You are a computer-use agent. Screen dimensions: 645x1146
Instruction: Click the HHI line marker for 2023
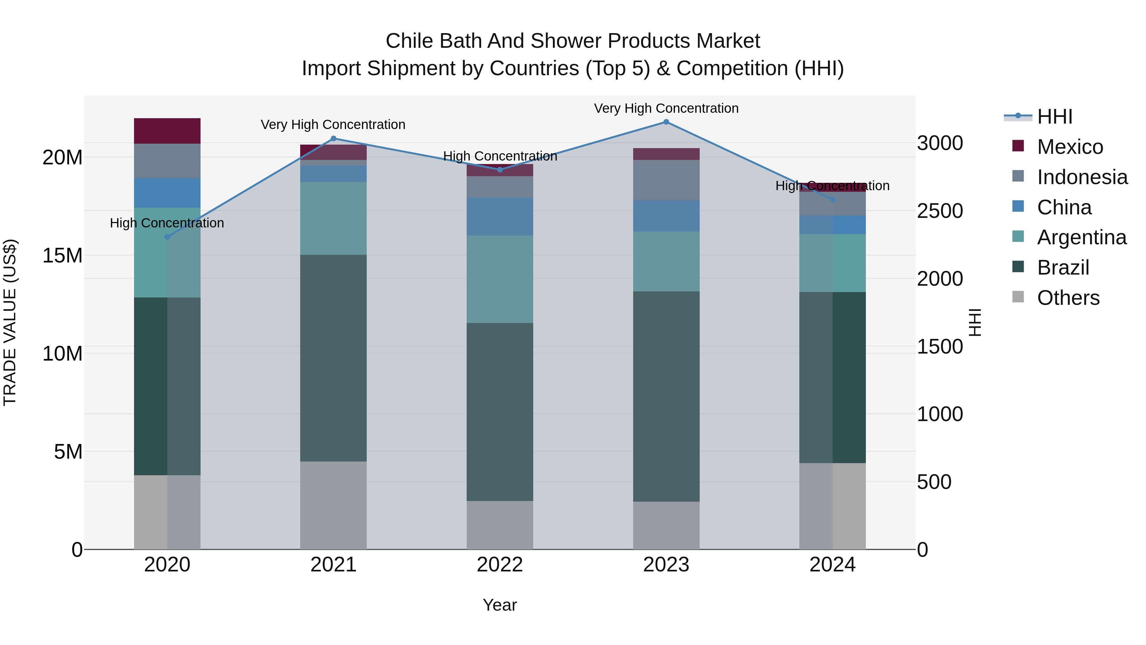point(666,122)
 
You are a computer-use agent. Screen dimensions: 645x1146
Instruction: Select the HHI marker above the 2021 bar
point(334,139)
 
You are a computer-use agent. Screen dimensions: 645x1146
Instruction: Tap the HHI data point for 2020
point(167,237)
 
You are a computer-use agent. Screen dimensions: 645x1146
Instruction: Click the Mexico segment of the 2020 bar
point(167,131)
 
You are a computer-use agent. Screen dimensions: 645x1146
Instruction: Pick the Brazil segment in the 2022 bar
point(499,412)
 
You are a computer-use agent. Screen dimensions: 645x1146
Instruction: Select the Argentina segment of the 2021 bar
point(333,218)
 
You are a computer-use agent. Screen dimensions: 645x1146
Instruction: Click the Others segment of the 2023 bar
point(666,525)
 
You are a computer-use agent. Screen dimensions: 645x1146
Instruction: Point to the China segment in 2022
point(499,217)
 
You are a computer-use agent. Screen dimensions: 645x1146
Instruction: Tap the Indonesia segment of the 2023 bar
point(666,180)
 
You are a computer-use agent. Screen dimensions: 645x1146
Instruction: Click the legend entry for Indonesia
point(1082,177)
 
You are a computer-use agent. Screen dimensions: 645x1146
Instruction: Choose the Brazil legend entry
point(1063,268)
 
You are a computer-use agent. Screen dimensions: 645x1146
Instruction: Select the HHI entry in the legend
point(1054,117)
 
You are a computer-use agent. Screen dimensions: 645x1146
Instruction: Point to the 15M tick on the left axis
point(62,255)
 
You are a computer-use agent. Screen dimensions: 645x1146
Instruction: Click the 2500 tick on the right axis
point(940,211)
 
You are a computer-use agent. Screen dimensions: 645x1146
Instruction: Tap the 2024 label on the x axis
point(832,565)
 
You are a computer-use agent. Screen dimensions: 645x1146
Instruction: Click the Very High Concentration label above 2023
point(666,108)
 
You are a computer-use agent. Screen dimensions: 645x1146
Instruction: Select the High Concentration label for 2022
point(499,156)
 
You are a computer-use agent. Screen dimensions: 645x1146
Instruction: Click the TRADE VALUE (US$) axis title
point(10,322)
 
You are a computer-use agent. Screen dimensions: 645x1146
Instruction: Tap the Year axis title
point(499,605)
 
